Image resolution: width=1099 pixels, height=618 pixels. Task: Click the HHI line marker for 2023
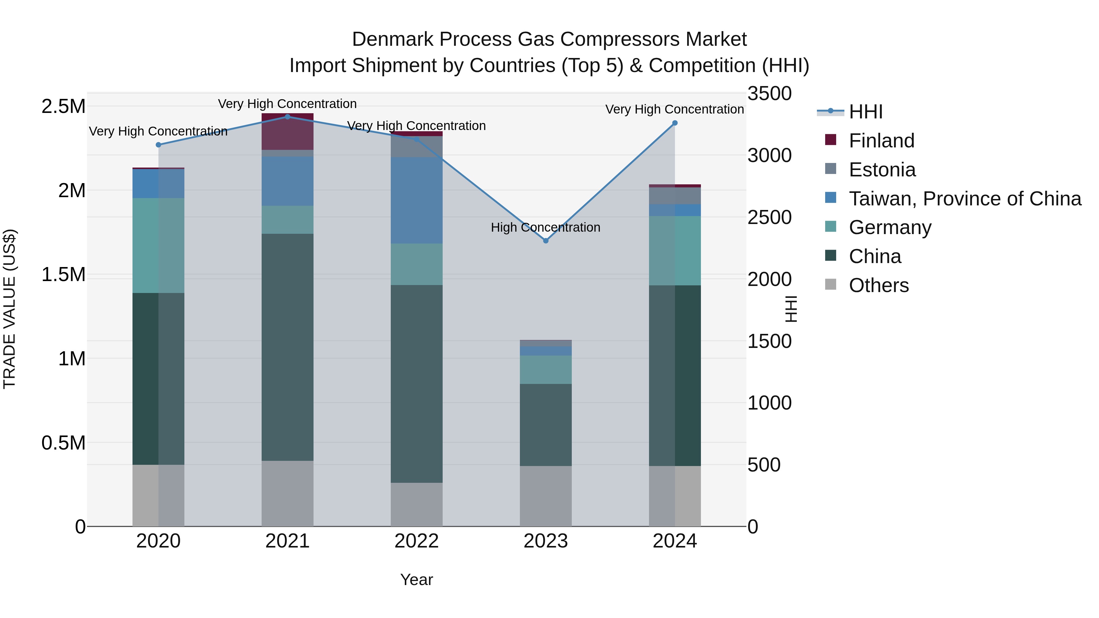click(x=545, y=240)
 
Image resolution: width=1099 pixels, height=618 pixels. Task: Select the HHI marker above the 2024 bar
click(x=674, y=123)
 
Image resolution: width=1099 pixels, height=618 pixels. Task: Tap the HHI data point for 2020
click(x=158, y=145)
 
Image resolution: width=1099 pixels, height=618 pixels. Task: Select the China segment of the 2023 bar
click(x=545, y=425)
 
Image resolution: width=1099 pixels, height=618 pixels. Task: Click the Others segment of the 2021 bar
click(x=287, y=493)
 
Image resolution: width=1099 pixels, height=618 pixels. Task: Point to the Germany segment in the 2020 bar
click(x=158, y=245)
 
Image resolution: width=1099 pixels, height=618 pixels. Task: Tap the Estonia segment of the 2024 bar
click(x=674, y=196)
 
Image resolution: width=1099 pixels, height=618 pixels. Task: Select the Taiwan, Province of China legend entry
click(x=964, y=199)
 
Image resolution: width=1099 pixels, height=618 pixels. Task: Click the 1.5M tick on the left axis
click(x=63, y=275)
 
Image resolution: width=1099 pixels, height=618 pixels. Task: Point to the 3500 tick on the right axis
click(x=769, y=94)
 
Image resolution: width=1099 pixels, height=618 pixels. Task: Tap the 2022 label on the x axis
click(x=416, y=541)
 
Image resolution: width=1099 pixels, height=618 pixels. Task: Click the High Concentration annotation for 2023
click(x=545, y=227)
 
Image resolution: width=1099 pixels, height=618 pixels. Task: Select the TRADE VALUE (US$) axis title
click(x=9, y=309)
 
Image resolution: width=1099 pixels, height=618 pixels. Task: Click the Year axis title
click(x=416, y=580)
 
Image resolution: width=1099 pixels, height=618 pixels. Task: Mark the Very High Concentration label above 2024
click(x=674, y=109)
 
